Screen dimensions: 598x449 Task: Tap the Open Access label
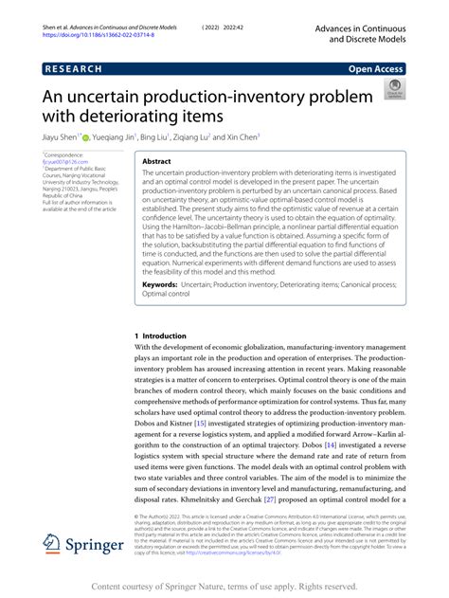377,69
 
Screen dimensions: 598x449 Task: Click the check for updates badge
392,90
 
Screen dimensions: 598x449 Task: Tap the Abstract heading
157,162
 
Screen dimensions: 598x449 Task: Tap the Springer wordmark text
94,547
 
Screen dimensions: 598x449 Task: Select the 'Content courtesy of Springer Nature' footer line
224,587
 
